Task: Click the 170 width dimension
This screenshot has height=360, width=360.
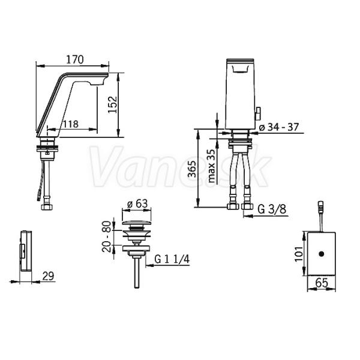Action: click(x=75, y=59)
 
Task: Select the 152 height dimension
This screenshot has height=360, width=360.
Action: click(x=113, y=104)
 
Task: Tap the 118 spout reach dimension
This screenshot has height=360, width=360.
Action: click(x=71, y=124)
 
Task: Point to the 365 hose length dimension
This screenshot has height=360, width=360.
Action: click(x=192, y=169)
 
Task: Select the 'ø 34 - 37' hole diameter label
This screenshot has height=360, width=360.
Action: click(x=279, y=127)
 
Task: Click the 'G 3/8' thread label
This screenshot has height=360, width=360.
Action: click(x=272, y=209)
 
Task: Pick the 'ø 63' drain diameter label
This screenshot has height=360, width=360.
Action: click(x=138, y=203)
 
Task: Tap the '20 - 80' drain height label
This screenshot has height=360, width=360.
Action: click(x=107, y=236)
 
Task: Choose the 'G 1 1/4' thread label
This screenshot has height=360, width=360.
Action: click(x=172, y=259)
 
